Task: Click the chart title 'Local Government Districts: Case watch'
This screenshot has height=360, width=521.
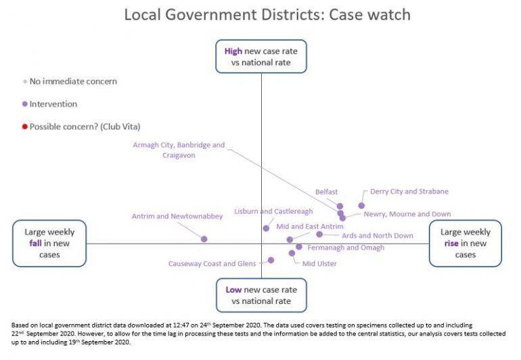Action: point(267,14)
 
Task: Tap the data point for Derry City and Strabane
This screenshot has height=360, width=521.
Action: point(361,205)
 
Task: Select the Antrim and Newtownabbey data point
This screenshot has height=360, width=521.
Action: point(204,239)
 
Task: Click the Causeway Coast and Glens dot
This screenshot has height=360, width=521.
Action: point(271,260)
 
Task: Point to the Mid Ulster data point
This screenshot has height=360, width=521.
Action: point(292,253)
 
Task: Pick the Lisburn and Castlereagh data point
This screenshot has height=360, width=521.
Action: point(266,228)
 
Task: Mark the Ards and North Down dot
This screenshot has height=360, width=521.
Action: point(319,234)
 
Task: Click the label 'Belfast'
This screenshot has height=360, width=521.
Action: point(326,192)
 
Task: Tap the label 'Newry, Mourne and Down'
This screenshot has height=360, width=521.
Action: point(407,214)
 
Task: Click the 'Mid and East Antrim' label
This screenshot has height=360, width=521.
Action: point(309,226)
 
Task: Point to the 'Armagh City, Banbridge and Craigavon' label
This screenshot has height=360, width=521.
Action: point(179,150)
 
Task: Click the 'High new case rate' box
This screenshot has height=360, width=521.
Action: point(261,56)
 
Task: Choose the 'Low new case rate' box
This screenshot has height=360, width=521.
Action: point(261,295)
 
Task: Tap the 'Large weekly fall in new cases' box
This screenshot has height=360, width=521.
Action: point(49,243)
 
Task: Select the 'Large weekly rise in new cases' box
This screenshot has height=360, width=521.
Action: point(466,243)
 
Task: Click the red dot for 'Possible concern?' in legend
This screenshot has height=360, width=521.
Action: point(25,127)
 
